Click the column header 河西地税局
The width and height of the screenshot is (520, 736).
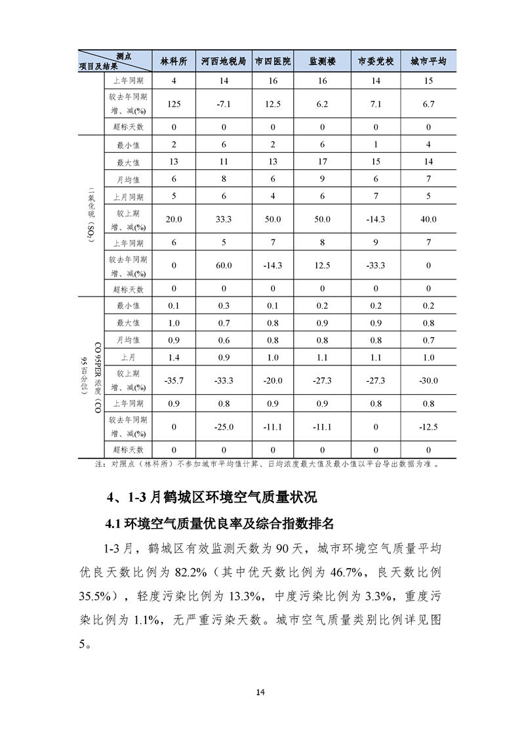tap(224, 62)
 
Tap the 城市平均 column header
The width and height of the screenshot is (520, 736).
tap(428, 62)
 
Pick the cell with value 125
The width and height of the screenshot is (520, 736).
tap(174, 104)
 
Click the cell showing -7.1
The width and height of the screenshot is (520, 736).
tap(224, 104)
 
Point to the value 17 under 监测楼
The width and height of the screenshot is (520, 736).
tap(322, 162)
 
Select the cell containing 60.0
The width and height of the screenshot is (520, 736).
tap(224, 266)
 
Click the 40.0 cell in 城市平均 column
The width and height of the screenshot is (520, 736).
tap(428, 219)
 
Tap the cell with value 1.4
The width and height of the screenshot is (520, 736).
tap(174, 358)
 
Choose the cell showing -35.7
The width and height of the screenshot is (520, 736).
tap(174, 380)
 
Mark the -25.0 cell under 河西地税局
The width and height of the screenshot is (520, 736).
tap(224, 427)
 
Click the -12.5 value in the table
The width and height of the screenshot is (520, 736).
tap(428, 427)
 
